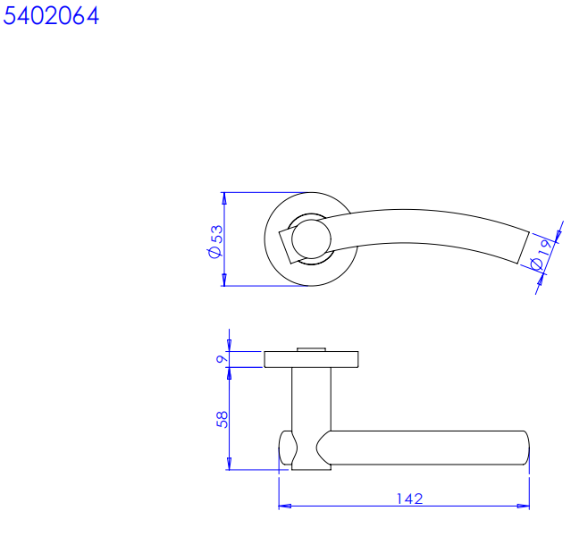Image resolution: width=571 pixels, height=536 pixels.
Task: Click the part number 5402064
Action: (x=51, y=16)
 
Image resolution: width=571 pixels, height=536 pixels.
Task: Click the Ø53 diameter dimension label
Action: (x=215, y=241)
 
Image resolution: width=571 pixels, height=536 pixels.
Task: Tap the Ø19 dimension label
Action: (x=542, y=255)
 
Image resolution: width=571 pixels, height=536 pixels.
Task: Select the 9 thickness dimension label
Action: (x=222, y=359)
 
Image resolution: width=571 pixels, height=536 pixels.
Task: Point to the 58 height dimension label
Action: (x=222, y=420)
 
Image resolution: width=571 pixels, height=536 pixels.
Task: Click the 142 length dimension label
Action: (x=409, y=498)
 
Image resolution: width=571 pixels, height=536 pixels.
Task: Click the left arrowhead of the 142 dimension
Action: (x=285, y=506)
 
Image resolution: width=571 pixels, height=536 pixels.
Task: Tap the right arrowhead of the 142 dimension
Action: (x=524, y=506)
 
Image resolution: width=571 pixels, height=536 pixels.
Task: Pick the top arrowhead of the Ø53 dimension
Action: (x=224, y=198)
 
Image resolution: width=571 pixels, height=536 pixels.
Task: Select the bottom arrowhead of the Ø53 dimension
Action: (x=224, y=280)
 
